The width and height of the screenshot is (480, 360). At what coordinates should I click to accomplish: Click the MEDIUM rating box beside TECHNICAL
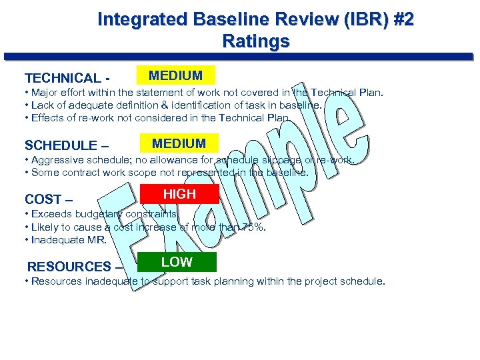(x=175, y=75)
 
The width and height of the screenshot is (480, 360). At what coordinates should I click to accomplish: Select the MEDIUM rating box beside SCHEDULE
(x=179, y=143)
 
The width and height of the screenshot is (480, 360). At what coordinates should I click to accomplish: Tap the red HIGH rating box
(x=180, y=194)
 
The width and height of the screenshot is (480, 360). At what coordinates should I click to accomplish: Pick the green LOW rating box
(x=177, y=262)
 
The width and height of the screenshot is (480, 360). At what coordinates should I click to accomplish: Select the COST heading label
(x=44, y=199)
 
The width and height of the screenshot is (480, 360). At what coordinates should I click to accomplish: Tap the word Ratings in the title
(x=256, y=42)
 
